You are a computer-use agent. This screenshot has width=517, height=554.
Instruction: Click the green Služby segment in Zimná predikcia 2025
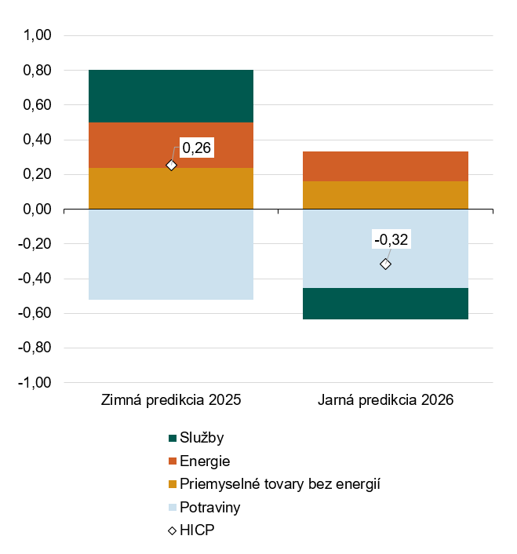point(171,96)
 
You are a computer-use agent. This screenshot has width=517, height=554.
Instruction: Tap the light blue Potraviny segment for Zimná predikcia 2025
point(171,254)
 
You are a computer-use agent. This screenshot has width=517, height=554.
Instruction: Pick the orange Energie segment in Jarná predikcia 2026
point(385,166)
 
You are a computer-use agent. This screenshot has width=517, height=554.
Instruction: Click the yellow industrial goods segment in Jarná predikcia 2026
point(385,195)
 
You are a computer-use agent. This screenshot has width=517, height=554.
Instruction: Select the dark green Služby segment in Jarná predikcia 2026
point(385,304)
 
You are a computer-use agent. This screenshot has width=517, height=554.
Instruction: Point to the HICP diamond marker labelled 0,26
point(171,165)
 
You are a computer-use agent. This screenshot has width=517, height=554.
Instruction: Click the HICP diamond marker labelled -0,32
point(385,264)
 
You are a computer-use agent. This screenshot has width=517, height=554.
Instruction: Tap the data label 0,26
point(197,147)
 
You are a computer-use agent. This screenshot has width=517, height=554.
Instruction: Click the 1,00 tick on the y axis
point(38,36)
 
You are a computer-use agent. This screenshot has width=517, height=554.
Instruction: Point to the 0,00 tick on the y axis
point(38,210)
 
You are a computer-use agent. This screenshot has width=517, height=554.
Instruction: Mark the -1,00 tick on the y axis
point(36,383)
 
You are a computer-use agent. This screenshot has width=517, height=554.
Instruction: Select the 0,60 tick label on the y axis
point(38,105)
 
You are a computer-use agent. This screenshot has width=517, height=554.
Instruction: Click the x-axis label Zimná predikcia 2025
point(171,400)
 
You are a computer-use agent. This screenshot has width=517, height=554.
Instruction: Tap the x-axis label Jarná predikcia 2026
point(385,400)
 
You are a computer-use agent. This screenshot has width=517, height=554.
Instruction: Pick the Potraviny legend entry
point(209,507)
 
